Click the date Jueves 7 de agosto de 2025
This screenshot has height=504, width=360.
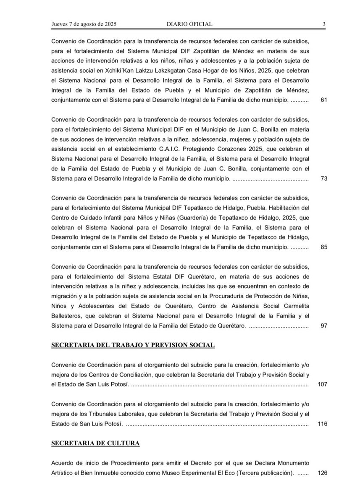click(84, 24)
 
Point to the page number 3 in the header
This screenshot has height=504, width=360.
click(324, 24)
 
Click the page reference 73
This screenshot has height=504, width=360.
click(323, 178)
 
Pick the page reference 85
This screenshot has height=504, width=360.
click(323, 247)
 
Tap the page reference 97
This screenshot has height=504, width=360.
click(323, 325)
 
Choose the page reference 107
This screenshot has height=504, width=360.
click(322, 384)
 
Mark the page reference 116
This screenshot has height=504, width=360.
click(322, 423)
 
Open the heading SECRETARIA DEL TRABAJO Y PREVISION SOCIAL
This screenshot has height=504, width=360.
click(133, 345)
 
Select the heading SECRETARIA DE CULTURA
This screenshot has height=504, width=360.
click(95, 443)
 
